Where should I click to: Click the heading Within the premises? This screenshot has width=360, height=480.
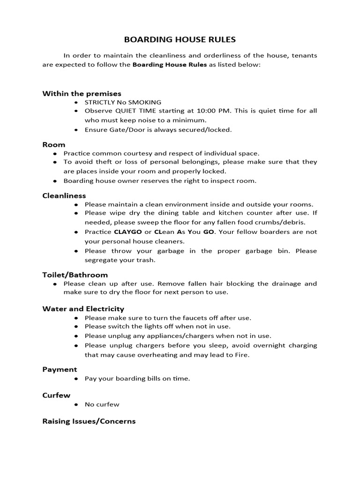82,93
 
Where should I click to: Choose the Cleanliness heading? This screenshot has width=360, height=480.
64,195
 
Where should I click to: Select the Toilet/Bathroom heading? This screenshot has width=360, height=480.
75,275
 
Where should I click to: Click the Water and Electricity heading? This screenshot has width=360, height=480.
83,308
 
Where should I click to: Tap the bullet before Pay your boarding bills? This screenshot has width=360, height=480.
76,379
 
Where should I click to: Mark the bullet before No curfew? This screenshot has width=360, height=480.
76,405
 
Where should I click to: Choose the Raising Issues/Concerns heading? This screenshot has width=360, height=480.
89,421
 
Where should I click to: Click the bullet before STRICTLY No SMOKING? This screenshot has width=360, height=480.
76,102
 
